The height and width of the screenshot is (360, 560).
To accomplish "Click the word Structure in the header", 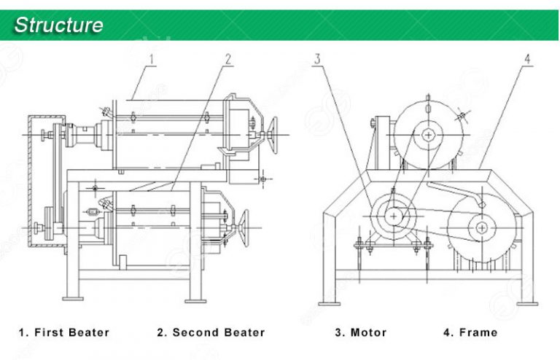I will pos(59,25).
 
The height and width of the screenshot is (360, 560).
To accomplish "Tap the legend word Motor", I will pos(369,332).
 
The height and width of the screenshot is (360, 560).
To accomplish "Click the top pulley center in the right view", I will pos(429,135).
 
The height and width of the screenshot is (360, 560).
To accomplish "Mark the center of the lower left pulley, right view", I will pos(394,216).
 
